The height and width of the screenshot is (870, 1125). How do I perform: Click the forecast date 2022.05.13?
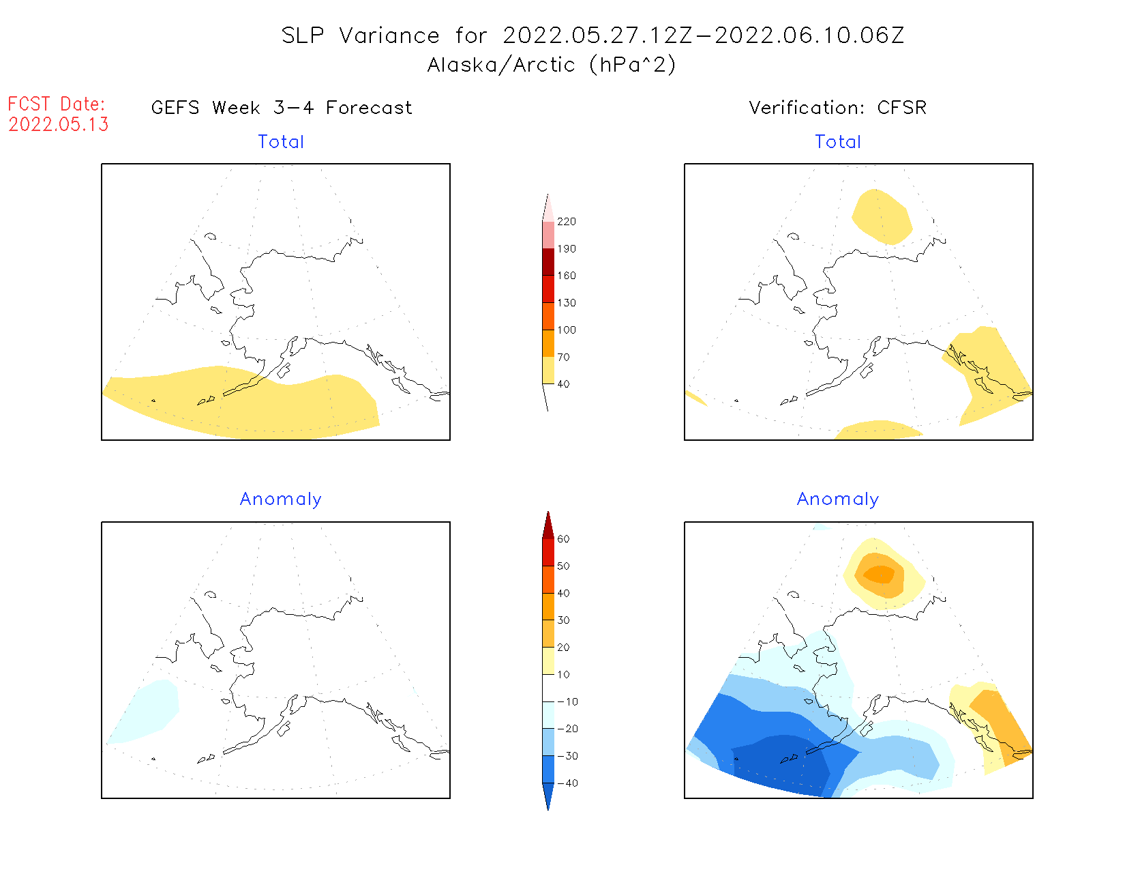coord(59,124)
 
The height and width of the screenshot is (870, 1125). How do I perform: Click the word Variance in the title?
coord(389,35)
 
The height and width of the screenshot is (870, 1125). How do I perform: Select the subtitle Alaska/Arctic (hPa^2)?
coord(552,65)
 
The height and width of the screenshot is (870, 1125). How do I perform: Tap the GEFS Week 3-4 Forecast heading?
coord(282,108)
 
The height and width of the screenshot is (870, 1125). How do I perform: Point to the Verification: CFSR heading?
coord(837,108)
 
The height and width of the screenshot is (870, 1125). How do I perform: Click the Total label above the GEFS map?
coord(281,142)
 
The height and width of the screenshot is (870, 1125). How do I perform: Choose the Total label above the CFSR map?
coord(838,142)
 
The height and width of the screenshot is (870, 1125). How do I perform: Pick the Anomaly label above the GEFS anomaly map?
coord(280,499)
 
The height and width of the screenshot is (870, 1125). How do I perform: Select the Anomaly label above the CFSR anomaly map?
coord(838,499)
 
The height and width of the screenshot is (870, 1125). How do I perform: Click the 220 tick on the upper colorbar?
coord(566,222)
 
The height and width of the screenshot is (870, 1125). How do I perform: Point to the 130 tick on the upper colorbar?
coord(566,303)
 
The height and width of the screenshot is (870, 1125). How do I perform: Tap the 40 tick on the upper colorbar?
coord(563,384)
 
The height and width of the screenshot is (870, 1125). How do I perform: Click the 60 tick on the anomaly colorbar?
coord(563,539)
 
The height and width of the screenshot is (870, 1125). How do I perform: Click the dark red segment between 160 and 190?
coord(548,262)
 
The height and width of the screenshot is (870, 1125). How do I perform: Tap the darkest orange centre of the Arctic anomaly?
coord(880,575)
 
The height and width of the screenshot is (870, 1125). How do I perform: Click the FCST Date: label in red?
coord(57,104)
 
